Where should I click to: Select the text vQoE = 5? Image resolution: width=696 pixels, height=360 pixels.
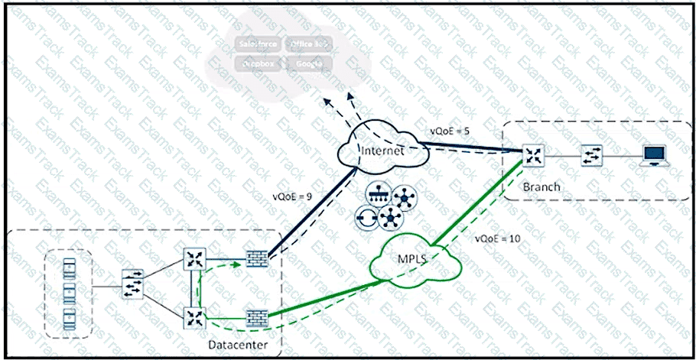(x=450, y=131)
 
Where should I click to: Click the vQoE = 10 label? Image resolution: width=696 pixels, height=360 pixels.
(x=497, y=238)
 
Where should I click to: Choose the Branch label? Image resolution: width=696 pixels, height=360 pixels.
(x=542, y=186)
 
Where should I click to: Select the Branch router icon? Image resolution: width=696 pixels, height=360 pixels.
(x=531, y=156)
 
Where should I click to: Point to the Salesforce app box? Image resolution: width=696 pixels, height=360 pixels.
(x=258, y=44)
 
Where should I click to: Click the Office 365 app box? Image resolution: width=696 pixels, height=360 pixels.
(x=307, y=44)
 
